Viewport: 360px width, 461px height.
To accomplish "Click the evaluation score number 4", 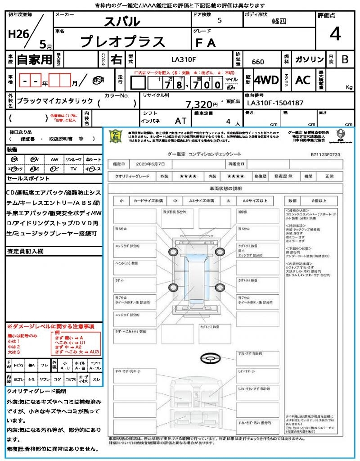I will click(x=335, y=34).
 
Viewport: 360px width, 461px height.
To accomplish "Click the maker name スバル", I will click(x=122, y=21).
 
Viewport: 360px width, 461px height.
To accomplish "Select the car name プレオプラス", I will click(x=122, y=42).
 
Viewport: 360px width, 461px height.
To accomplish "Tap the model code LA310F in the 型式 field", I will click(x=184, y=59).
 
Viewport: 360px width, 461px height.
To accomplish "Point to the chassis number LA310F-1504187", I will click(x=275, y=103).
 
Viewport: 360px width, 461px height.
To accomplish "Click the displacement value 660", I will click(x=258, y=62).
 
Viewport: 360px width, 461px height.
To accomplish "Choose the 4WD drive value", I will click(x=266, y=80).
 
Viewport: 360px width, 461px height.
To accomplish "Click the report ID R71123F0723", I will click(x=325, y=154).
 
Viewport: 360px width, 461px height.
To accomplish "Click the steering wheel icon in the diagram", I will click(x=210, y=359).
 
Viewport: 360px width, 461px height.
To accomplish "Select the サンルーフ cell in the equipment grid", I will click(x=73, y=159).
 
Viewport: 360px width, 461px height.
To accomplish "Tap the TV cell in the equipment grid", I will click(x=73, y=169).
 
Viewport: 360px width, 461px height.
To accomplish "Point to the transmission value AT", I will click(x=181, y=121).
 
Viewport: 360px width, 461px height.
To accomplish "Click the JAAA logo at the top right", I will click(x=341, y=134).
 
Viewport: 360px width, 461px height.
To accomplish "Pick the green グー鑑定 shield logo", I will click(x=116, y=136).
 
